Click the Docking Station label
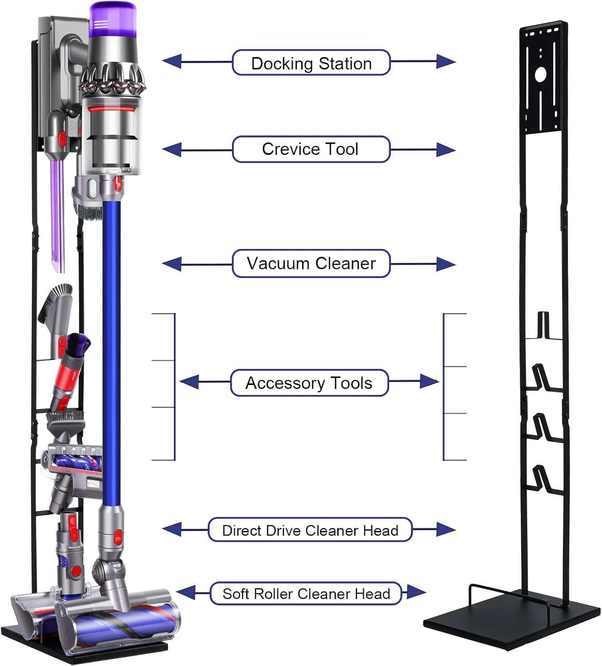click(x=311, y=63)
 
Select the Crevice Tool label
click(x=311, y=149)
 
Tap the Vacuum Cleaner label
click(x=311, y=264)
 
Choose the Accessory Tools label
click(x=309, y=383)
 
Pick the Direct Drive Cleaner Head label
click(x=310, y=530)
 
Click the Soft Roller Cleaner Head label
click(x=306, y=594)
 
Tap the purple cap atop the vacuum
click(x=112, y=18)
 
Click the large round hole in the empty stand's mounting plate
click(x=540, y=75)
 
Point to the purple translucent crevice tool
click(x=58, y=213)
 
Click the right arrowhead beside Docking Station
click(x=446, y=62)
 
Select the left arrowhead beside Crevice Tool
click(x=172, y=150)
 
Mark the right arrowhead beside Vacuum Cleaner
click(x=446, y=264)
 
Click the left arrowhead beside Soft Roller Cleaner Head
click(x=186, y=592)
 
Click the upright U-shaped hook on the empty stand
click(x=543, y=326)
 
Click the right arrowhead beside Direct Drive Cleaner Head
click(x=446, y=529)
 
